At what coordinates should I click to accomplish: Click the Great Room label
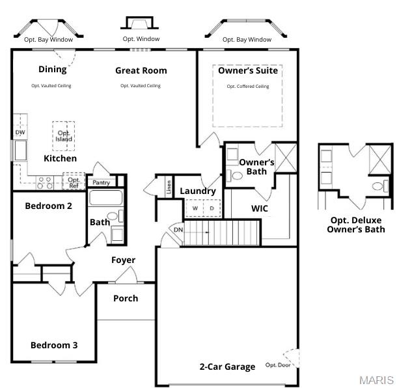[x=141, y=70]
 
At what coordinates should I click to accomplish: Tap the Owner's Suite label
[x=247, y=70]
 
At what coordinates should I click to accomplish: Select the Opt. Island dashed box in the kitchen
[x=64, y=136]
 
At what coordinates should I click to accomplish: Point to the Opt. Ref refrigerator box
[x=74, y=182]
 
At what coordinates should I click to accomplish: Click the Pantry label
[x=101, y=183]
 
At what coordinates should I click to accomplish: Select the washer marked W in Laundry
[x=194, y=208]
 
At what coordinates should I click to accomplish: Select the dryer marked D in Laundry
[x=211, y=208]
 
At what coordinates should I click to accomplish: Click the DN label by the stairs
[x=178, y=230]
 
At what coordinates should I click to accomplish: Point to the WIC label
[x=260, y=209]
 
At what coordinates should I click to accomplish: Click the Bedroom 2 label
[x=48, y=206]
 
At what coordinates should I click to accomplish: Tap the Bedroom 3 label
[x=54, y=345]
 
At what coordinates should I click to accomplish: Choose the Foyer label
[x=123, y=260]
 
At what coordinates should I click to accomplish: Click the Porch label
[x=126, y=299]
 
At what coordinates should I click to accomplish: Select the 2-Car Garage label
[x=227, y=367]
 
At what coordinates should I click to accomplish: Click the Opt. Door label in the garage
[x=278, y=365]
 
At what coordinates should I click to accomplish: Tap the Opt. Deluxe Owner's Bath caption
[x=355, y=225]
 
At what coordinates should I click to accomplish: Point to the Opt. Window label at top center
[x=141, y=39]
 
